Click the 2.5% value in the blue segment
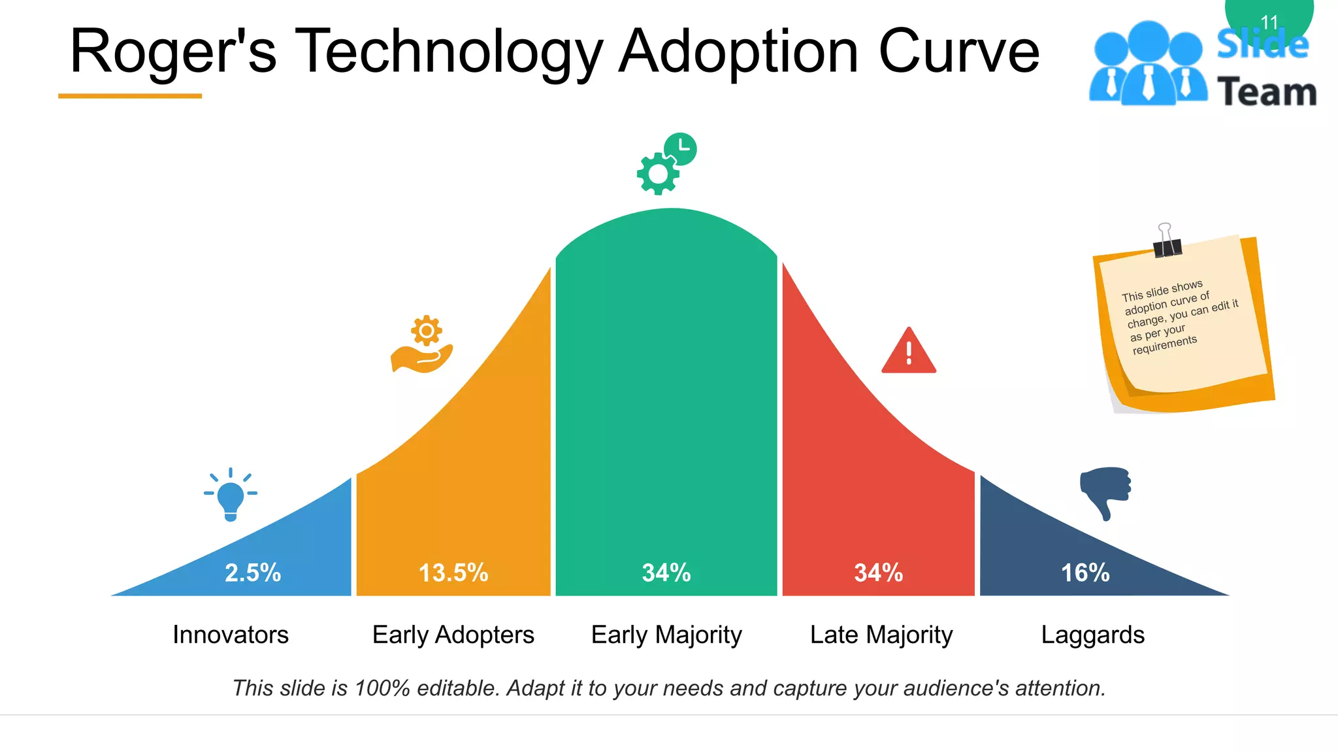253,573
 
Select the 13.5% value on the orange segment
453,573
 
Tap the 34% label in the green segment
666,573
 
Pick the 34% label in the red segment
879,573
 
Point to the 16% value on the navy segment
1085,573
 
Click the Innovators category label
231,635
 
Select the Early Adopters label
453,635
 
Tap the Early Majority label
666,635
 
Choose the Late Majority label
881,635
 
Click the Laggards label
1093,635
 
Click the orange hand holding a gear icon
423,346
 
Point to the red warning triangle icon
909,352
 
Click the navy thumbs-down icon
1105,492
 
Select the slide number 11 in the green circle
1269,22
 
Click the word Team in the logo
1267,92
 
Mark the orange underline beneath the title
130,96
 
